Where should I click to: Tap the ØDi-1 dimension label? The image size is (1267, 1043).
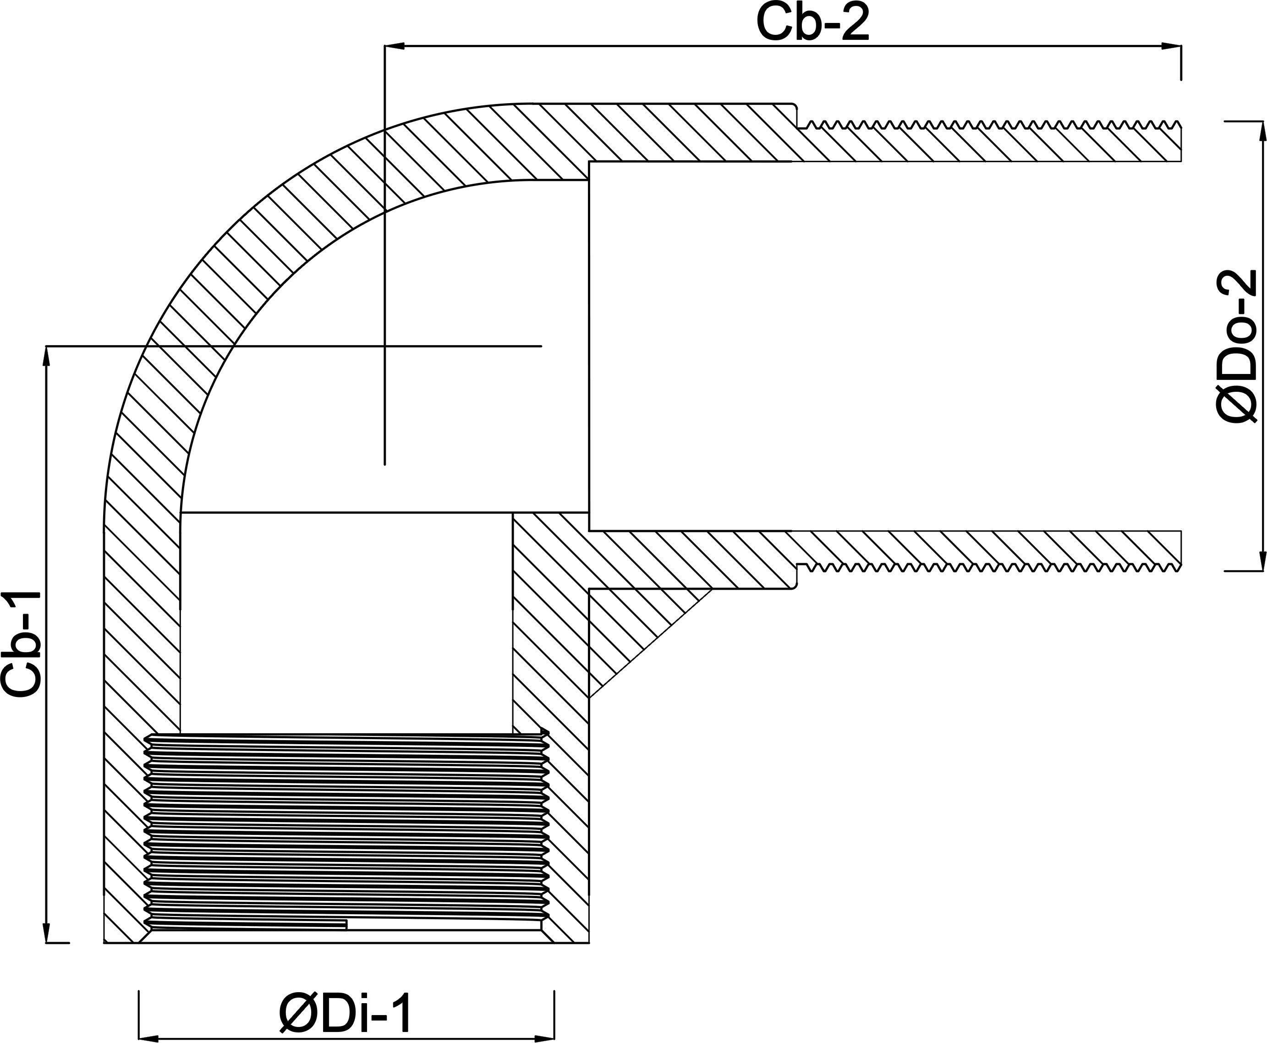click(x=346, y=1014)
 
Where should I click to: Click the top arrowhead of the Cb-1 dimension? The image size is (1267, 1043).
click(x=46, y=356)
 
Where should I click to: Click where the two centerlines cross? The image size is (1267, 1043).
click(x=384, y=346)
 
